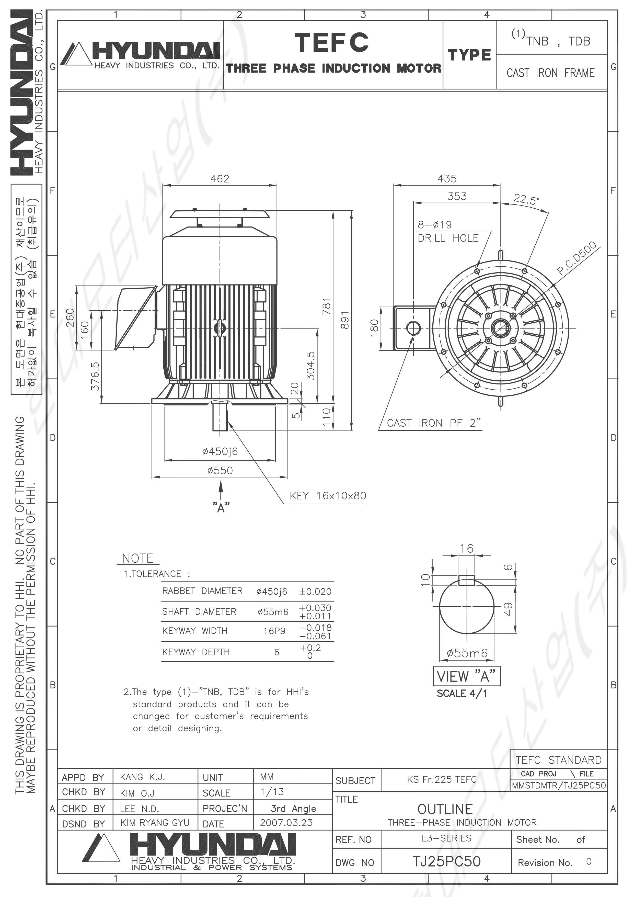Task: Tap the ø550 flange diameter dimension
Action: point(220,470)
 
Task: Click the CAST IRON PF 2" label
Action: point(434,423)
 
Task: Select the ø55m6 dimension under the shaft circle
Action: point(467,653)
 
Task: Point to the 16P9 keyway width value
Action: point(274,631)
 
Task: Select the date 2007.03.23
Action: point(286,822)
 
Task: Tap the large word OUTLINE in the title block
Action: point(445,809)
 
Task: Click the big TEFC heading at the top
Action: point(331,42)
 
